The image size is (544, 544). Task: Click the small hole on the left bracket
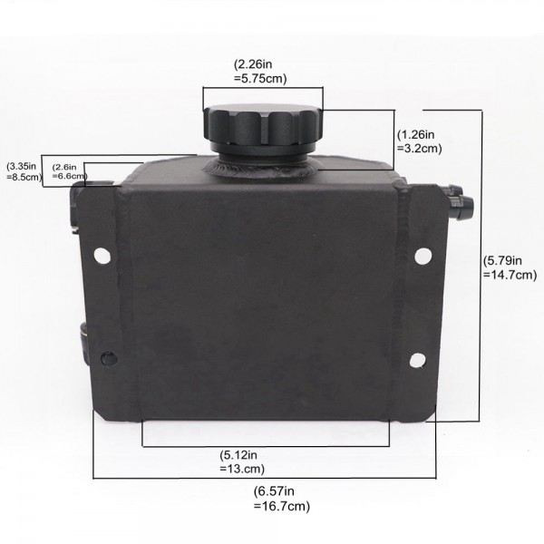point(111,356)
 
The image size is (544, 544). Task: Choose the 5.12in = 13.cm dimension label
point(238,463)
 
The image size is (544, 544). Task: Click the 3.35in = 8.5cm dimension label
point(23,171)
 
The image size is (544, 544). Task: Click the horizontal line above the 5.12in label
point(266,446)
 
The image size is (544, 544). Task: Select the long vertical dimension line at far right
point(480,263)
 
